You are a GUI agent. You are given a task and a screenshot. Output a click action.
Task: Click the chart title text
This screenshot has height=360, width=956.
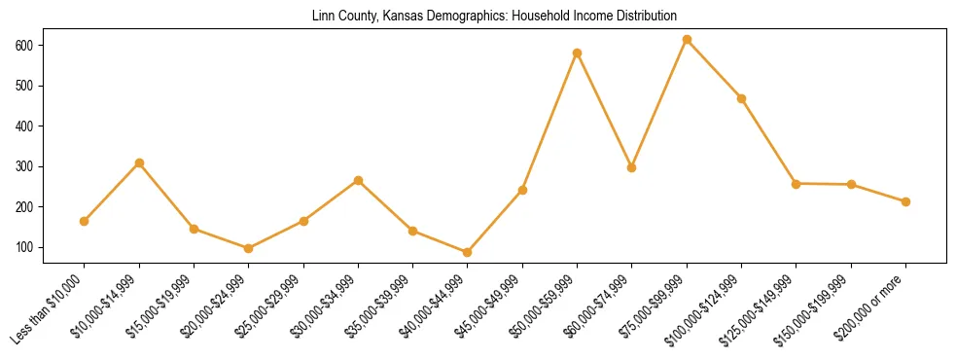[494, 17]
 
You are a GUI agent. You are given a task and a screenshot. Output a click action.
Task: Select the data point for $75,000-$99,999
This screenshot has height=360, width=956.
[687, 40]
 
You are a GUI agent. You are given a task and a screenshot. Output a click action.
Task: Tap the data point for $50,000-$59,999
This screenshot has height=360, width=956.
[577, 53]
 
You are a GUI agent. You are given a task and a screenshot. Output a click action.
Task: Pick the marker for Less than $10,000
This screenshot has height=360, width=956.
[85, 221]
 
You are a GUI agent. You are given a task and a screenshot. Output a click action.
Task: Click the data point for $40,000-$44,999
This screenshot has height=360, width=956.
[468, 252]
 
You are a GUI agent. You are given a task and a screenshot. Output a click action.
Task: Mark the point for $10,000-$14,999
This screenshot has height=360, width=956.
[139, 162]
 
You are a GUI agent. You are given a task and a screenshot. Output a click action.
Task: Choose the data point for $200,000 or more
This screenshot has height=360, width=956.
[905, 201]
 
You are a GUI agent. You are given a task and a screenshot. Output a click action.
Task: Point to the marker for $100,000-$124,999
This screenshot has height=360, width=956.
[741, 98]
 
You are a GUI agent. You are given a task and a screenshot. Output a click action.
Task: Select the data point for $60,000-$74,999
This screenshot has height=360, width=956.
[632, 167]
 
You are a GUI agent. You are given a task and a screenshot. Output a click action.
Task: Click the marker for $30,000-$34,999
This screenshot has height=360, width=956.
[358, 180]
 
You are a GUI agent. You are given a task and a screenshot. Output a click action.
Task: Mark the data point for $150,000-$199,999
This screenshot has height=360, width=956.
[851, 184]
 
